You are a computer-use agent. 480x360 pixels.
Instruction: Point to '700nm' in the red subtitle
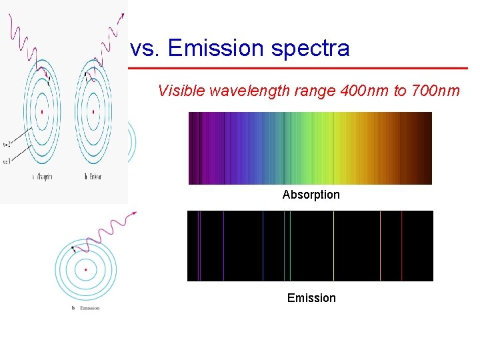point(436,91)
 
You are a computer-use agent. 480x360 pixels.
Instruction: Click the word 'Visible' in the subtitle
point(181,91)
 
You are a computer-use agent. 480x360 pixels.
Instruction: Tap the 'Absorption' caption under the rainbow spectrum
point(311,195)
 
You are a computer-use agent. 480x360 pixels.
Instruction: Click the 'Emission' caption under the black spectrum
point(311,298)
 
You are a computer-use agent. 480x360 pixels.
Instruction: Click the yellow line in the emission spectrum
point(333,245)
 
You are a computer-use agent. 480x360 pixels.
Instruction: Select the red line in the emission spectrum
point(401,245)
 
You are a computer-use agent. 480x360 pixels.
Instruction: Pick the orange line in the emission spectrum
point(380,245)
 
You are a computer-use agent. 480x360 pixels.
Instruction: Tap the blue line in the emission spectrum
point(263,245)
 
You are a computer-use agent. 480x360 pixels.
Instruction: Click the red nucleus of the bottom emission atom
point(85,270)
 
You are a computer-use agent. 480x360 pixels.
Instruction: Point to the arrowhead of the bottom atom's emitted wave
point(135,213)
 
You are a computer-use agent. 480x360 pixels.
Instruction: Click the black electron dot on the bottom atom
point(73,249)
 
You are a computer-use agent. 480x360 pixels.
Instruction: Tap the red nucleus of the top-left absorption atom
point(41,111)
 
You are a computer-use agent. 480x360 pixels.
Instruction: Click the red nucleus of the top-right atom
point(93,111)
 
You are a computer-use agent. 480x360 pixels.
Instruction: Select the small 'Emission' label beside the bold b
point(89,308)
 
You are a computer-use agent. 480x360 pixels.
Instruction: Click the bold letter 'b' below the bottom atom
point(73,308)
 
